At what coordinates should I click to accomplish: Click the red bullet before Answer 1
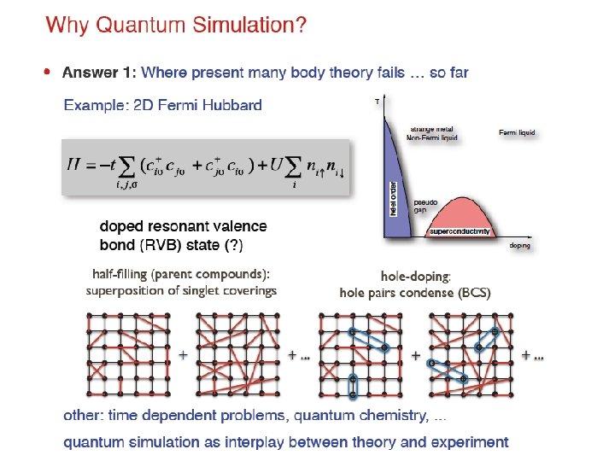coord(47,73)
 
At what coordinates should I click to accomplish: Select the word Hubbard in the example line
coord(233,106)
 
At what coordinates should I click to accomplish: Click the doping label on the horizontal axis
coord(520,245)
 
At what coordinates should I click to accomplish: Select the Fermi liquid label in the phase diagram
coord(518,132)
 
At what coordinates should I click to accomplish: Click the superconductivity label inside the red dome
coord(460,231)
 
